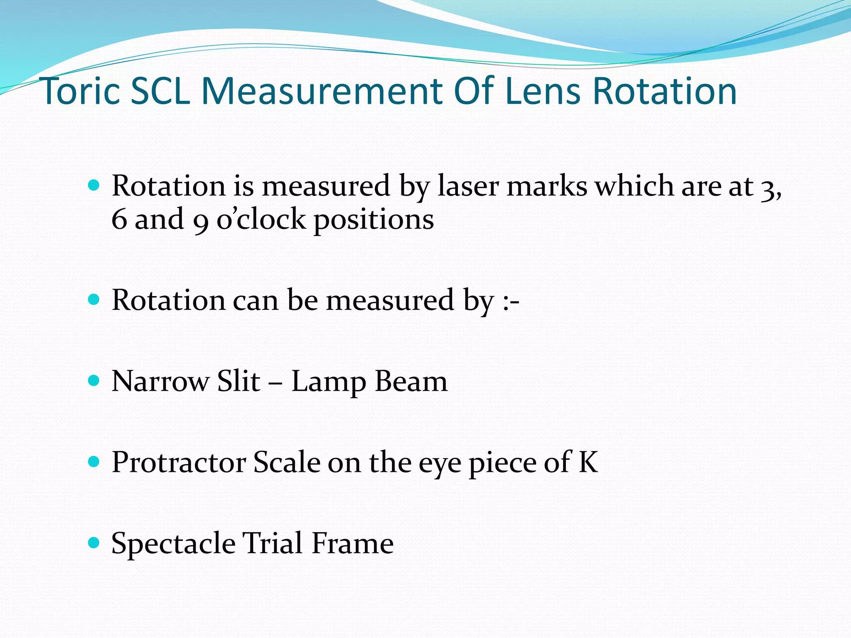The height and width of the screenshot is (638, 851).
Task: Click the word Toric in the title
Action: [81, 91]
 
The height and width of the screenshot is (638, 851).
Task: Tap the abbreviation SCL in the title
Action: [160, 91]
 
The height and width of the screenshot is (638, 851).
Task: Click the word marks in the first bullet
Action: [547, 186]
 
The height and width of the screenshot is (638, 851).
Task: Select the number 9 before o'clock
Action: [201, 220]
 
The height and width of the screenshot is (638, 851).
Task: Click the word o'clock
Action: [261, 219]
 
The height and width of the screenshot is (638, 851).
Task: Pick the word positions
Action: [374, 220]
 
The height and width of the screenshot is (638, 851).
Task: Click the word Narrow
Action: [161, 381]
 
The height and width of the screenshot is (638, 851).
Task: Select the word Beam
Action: [411, 381]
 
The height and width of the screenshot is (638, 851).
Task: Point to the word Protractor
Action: [179, 462]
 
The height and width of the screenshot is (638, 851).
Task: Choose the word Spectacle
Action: [173, 543]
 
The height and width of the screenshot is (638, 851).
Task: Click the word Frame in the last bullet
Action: [352, 543]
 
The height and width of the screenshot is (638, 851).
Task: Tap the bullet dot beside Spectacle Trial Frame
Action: [94, 542]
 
